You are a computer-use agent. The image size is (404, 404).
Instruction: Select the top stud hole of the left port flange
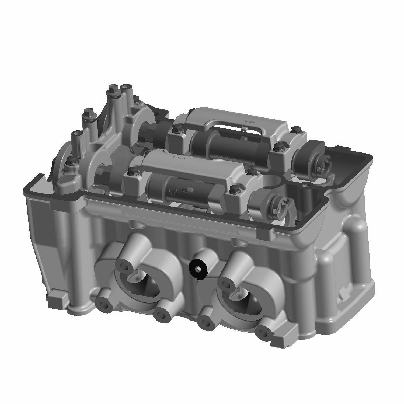125,266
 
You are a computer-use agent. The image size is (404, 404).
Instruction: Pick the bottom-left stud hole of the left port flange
104,305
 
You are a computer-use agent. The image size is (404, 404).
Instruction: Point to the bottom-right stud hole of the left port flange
162,314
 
